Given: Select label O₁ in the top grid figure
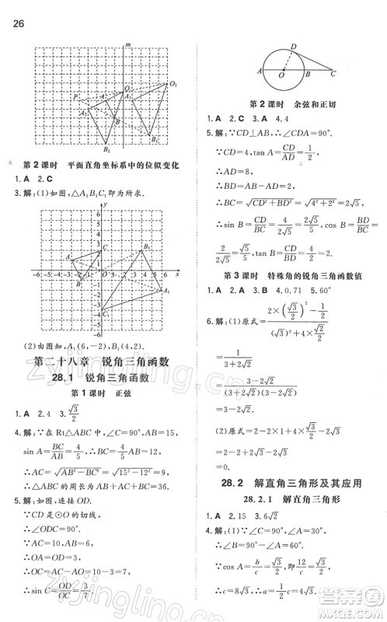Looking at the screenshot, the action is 174,84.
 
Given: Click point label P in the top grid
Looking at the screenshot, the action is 75,97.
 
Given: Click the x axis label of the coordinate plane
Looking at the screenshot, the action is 176,274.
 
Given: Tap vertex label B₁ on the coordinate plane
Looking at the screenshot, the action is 148,246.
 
